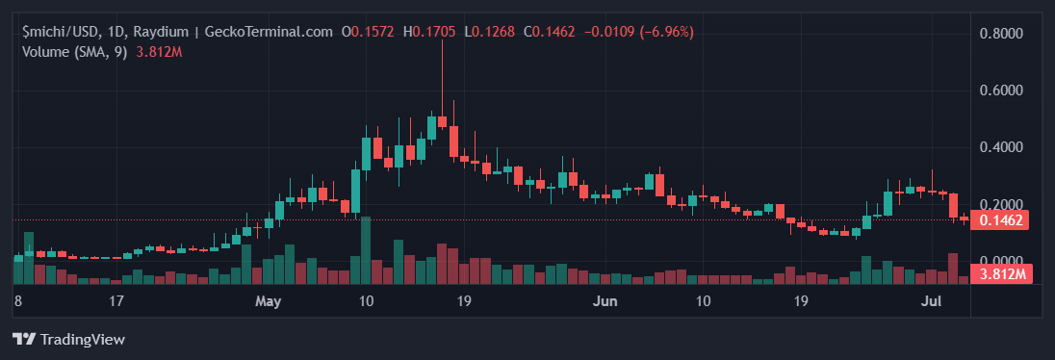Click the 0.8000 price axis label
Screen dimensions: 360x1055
click(1001, 34)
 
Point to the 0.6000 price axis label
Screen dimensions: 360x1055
click(1001, 90)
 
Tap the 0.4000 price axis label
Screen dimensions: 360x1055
click(1001, 147)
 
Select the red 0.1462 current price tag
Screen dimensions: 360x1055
click(1001, 220)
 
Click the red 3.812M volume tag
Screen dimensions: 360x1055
click(1001, 275)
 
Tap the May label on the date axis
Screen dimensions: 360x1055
click(269, 301)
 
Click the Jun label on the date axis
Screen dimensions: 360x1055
click(605, 301)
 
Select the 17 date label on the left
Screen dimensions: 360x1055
click(116, 301)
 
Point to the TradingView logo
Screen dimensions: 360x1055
click(68, 339)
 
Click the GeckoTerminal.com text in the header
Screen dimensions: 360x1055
click(273, 32)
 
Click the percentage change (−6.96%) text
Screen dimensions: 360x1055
click(660, 32)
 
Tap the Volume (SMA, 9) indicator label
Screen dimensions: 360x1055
click(76, 51)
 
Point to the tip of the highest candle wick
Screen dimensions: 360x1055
click(442, 41)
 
